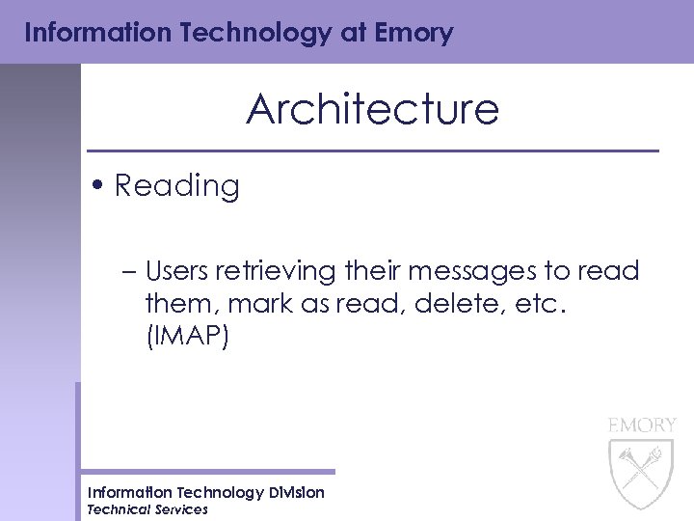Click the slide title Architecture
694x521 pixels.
[372, 110]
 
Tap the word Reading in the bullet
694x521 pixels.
[176, 185]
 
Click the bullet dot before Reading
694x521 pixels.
[100, 185]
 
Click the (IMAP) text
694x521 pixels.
[187, 338]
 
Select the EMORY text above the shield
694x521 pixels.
[642, 425]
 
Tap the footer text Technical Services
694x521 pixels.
[147, 509]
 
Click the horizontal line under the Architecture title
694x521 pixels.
[372, 151]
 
